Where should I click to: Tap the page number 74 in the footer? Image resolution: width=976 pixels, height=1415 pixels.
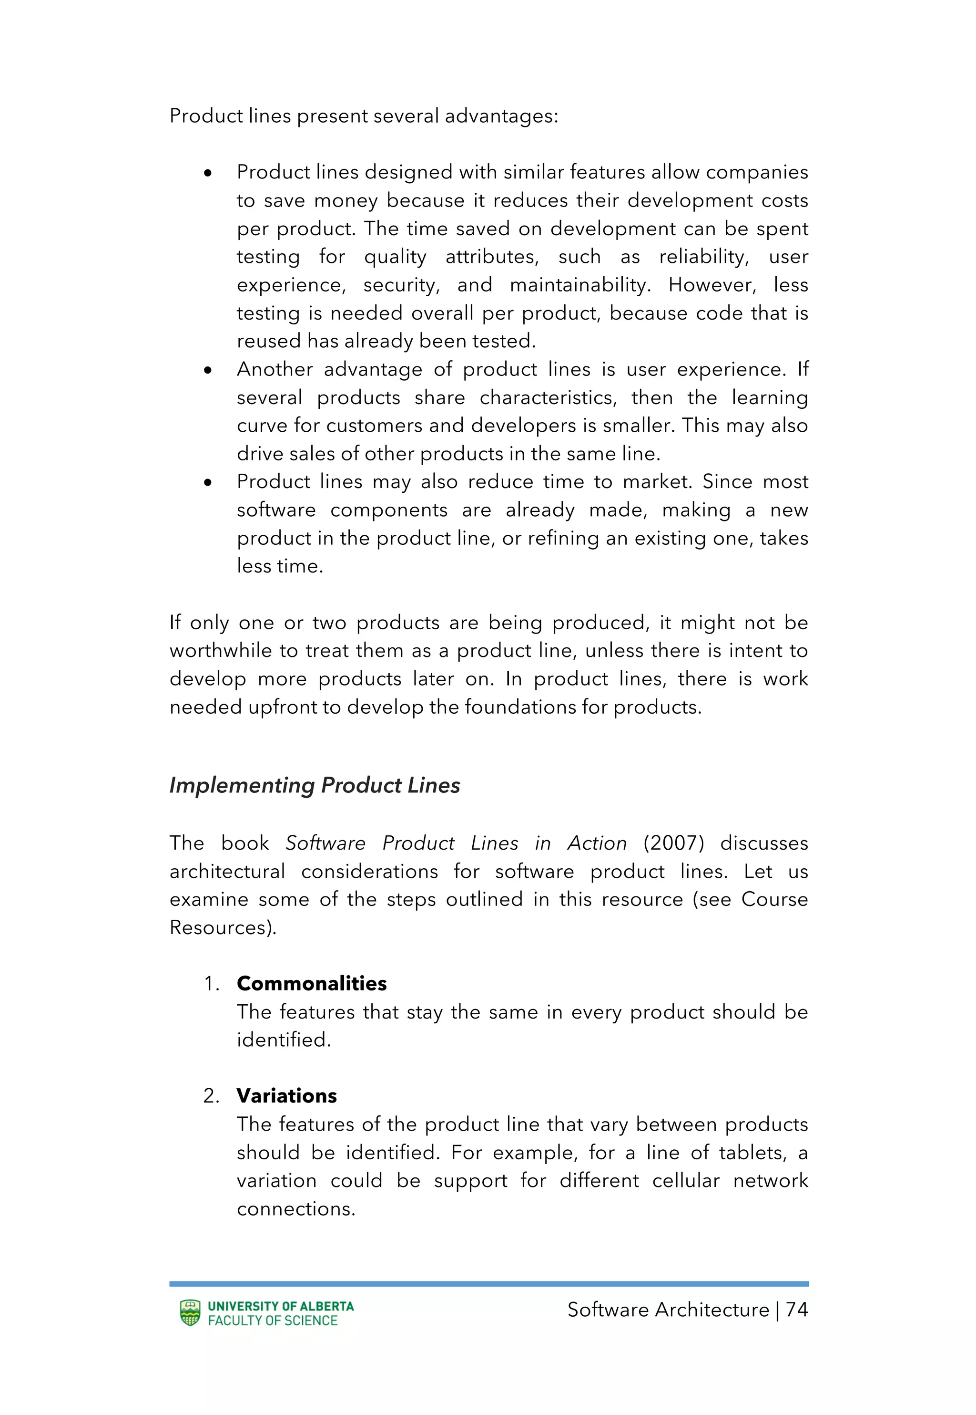(x=796, y=1309)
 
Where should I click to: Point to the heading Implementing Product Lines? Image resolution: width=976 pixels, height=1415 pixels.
(x=315, y=785)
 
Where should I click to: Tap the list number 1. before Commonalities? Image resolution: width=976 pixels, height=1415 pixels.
(x=211, y=984)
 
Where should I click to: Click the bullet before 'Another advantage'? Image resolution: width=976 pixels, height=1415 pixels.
(x=208, y=370)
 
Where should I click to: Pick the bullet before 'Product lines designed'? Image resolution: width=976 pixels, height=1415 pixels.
(x=208, y=173)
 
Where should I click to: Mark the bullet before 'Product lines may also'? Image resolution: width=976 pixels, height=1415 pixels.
(x=208, y=483)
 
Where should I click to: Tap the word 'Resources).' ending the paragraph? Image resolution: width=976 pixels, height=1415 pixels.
(x=223, y=927)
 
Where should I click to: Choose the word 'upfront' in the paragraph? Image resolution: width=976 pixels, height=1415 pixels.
(x=285, y=707)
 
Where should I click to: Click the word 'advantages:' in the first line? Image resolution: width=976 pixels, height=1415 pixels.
(x=501, y=115)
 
